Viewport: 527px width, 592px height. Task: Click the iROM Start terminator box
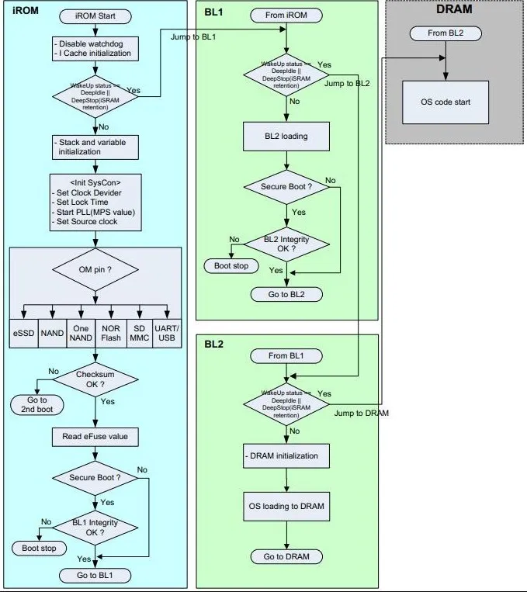(x=95, y=16)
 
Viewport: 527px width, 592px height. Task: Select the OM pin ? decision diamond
(x=95, y=270)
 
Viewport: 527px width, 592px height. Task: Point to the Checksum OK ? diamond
(x=95, y=380)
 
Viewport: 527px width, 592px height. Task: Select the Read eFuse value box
(x=95, y=437)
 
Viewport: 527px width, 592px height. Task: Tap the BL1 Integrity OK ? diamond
(x=95, y=528)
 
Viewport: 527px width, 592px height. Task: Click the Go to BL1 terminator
(x=95, y=575)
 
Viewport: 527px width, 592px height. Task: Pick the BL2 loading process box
(x=287, y=136)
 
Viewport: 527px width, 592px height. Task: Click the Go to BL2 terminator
(x=287, y=295)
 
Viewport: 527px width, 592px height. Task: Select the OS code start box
(x=446, y=102)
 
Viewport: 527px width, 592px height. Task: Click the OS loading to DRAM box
(x=287, y=507)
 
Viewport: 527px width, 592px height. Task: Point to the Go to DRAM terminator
(x=287, y=556)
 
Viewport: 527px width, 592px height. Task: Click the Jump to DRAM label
(x=362, y=414)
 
